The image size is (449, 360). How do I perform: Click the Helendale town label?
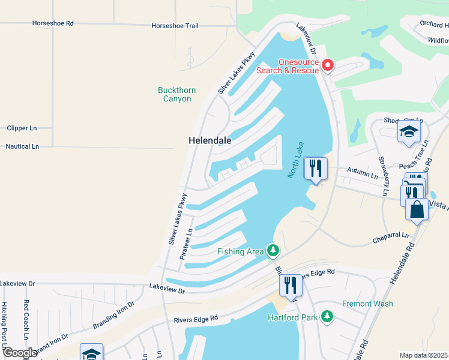coord(210,140)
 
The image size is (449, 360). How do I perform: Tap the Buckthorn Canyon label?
coord(176,94)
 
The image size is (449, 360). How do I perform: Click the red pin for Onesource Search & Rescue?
coord(328,65)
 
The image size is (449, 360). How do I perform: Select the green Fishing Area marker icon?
coord(273,250)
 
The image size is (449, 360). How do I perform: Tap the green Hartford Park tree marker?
coord(327,316)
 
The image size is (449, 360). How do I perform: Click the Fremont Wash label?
coord(367,304)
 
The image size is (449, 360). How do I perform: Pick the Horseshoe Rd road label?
coord(53,23)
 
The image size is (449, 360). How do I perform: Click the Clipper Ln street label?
coord(22,128)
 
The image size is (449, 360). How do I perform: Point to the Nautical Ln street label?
coord(22,146)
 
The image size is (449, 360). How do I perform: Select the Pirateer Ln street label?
coord(187,244)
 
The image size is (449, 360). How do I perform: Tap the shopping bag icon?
coord(417,209)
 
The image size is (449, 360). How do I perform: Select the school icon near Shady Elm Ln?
coord(409,132)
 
